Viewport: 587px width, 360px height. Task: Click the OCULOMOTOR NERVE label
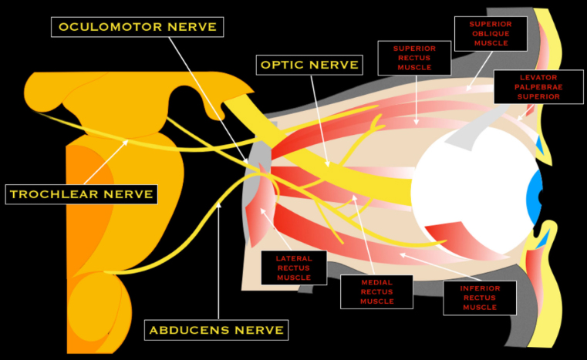coord(138,27)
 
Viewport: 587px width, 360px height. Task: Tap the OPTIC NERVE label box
coord(308,64)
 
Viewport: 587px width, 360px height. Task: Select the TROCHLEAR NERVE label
coord(81,193)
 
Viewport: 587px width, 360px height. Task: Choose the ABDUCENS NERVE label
coord(217,331)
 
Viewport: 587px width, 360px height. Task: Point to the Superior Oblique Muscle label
coord(490,34)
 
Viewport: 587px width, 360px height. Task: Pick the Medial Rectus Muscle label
coord(376,291)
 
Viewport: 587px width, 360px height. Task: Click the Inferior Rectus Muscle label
coord(479,297)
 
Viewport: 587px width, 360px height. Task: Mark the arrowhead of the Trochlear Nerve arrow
coord(128,140)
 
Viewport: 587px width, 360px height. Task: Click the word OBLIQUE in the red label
coord(490,34)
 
